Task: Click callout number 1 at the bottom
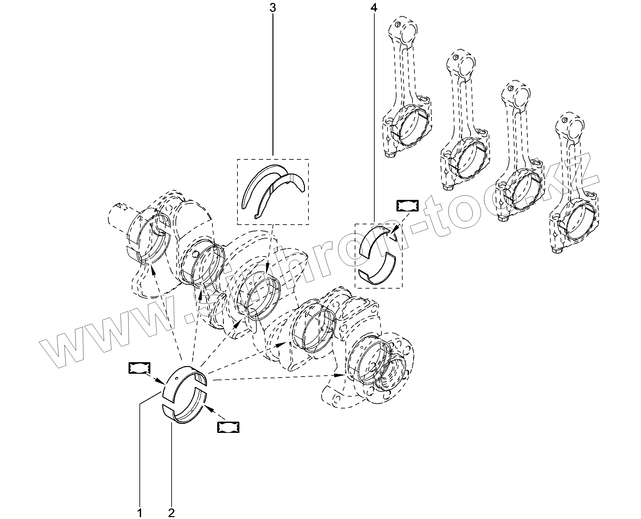click(140, 513)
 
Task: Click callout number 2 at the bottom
click(172, 513)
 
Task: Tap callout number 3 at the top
click(272, 7)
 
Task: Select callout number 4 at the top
click(374, 7)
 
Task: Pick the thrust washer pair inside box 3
click(273, 190)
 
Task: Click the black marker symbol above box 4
click(408, 206)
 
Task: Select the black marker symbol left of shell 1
click(139, 368)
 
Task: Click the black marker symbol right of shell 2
click(228, 427)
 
